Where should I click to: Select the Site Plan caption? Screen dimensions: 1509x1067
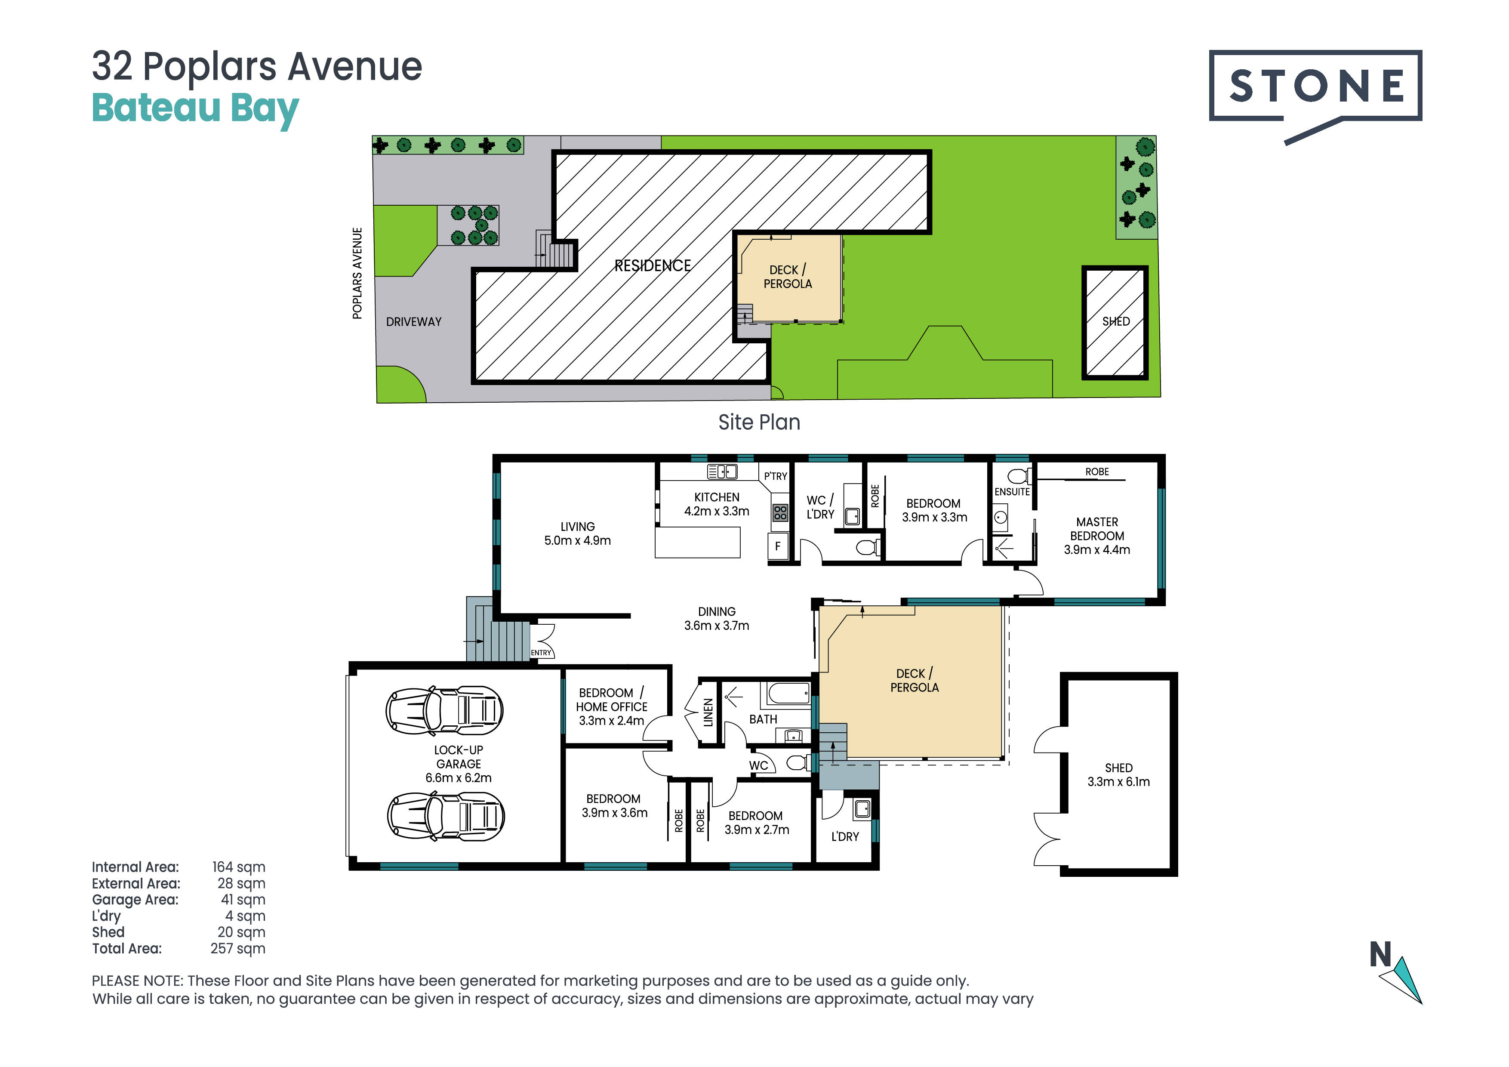[759, 422]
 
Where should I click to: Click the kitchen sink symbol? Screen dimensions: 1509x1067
[722, 472]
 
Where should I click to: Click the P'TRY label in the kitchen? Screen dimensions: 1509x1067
[776, 476]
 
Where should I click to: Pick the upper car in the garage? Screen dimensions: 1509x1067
[444, 710]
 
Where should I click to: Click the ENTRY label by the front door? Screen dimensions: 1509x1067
[541, 653]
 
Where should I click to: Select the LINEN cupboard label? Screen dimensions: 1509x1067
[708, 712]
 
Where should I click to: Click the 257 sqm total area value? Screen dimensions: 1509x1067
[238, 949]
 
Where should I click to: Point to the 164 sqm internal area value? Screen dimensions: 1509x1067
[239, 867]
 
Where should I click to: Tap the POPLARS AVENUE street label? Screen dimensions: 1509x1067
[357, 274]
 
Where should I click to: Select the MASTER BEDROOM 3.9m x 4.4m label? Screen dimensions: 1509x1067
[1097, 536]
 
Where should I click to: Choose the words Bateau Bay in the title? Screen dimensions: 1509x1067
[195, 109]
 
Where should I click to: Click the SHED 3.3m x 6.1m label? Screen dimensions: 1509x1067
[1118, 774]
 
